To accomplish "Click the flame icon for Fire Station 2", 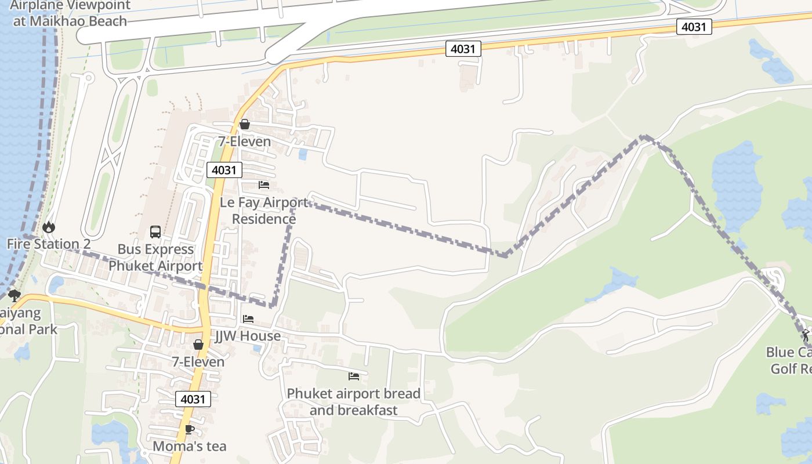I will (x=49, y=227).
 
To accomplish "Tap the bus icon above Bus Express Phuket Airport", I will (x=155, y=232).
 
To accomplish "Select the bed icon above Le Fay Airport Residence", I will (x=264, y=185).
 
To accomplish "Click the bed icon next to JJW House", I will (x=248, y=319).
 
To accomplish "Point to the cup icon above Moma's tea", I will (x=189, y=429).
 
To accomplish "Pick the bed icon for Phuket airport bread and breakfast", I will (x=354, y=376).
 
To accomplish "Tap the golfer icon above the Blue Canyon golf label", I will (x=806, y=335).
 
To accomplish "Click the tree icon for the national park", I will (x=14, y=296).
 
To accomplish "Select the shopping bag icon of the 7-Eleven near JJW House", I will (x=198, y=345).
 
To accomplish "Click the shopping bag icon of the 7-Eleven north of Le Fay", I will (x=245, y=124).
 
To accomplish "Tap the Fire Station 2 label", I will (x=49, y=244).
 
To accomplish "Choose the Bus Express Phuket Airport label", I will (x=155, y=258).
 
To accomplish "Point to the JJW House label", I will (x=248, y=336).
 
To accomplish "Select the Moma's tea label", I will (x=189, y=446).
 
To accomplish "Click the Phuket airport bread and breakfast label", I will (x=354, y=402).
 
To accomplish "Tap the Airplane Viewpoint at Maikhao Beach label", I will (x=70, y=13).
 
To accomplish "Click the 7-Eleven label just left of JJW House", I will (x=198, y=362).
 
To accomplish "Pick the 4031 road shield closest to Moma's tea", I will (x=193, y=399).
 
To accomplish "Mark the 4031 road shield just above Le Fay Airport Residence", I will (x=224, y=170).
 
